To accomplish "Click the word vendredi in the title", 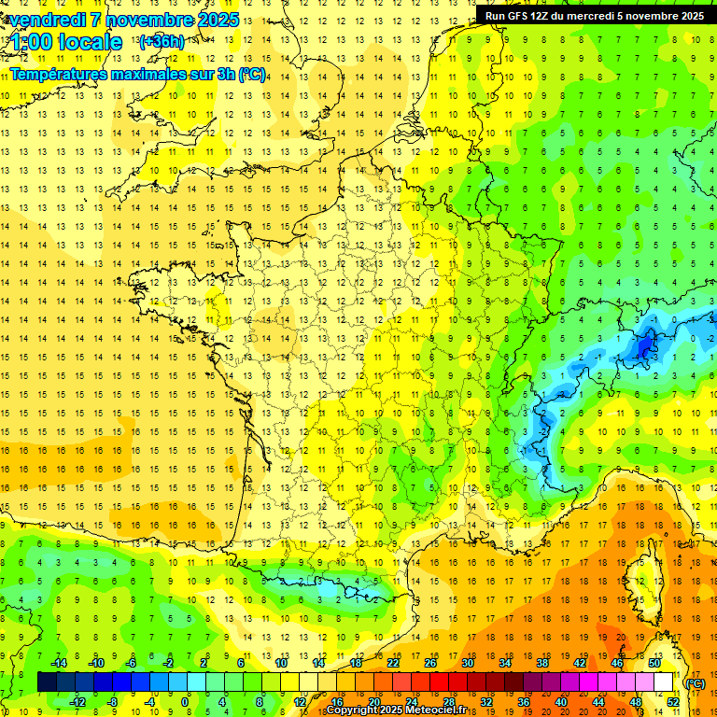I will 47,20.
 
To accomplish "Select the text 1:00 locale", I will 66,42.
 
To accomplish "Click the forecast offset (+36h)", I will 162,42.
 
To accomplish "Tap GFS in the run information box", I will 522,16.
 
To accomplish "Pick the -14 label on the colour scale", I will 59,663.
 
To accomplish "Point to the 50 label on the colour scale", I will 655,663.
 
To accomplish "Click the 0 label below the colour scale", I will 185,702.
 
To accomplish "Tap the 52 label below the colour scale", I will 673,702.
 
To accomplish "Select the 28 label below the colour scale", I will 448,702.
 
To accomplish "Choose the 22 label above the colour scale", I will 393,663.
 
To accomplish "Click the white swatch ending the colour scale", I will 664,682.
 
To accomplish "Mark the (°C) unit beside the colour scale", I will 696,683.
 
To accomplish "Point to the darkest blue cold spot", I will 644,347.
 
